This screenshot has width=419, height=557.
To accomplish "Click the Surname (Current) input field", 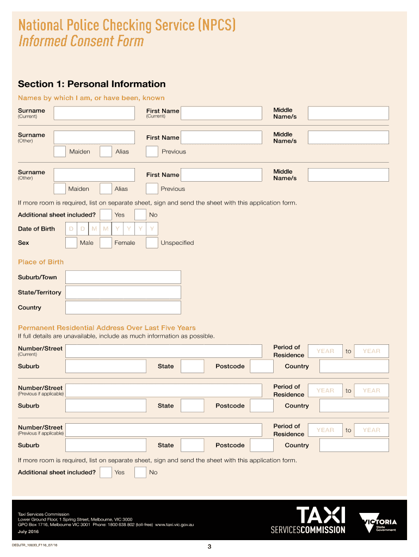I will (x=94, y=113).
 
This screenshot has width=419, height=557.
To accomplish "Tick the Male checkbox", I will (x=71, y=243).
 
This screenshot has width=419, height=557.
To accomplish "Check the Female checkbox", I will (x=106, y=243).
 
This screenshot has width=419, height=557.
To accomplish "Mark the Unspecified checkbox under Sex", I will (x=152, y=243).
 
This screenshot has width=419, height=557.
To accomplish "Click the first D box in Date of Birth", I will (x=71, y=229).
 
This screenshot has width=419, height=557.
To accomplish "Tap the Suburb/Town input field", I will (x=123, y=277).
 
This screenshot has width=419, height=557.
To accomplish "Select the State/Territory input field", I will (x=123, y=293).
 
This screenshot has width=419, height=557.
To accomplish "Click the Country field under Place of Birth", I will (x=123, y=308).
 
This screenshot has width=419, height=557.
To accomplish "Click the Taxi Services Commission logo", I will (x=308, y=520).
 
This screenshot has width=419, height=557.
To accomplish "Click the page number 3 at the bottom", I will (x=209, y=547).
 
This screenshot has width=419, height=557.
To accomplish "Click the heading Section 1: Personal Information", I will (x=91, y=84).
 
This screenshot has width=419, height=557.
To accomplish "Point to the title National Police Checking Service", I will (x=127, y=25).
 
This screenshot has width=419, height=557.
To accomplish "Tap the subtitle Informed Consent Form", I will (x=81, y=41).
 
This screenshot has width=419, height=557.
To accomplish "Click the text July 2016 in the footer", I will (x=28, y=531).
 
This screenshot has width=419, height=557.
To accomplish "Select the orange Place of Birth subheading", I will (x=41, y=262).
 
